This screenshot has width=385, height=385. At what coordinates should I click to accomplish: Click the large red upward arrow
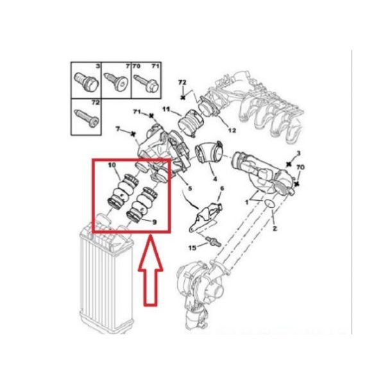pyautogui.click(x=150, y=270)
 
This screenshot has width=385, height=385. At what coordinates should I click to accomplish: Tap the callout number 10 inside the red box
pyautogui.click(x=112, y=166)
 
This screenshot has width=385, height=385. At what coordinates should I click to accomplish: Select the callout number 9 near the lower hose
pyautogui.click(x=154, y=222)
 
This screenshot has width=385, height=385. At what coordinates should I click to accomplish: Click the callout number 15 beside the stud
pyautogui.click(x=193, y=248)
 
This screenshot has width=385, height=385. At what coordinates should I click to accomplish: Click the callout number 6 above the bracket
pyautogui.click(x=222, y=189)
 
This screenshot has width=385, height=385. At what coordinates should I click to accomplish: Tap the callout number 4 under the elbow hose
pyautogui.click(x=215, y=179)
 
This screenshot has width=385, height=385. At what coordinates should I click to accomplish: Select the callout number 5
pyautogui.click(x=190, y=189)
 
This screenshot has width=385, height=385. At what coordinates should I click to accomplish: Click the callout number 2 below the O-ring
pyautogui.click(x=275, y=228)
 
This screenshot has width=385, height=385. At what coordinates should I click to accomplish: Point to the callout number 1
pyautogui.click(x=247, y=202)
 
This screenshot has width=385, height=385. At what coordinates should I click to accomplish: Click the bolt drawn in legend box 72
pyautogui.click(x=87, y=118)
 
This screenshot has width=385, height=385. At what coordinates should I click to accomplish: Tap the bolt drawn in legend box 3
pyautogui.click(x=87, y=81)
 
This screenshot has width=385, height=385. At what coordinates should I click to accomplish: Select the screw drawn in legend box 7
pyautogui.click(x=116, y=81)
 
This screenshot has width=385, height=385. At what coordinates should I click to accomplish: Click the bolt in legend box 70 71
pyautogui.click(x=146, y=83)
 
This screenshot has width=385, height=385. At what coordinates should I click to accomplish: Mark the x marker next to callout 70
pyautogui.click(x=297, y=184)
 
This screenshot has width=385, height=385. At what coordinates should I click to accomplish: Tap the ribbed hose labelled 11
pyautogui.click(x=191, y=123)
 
